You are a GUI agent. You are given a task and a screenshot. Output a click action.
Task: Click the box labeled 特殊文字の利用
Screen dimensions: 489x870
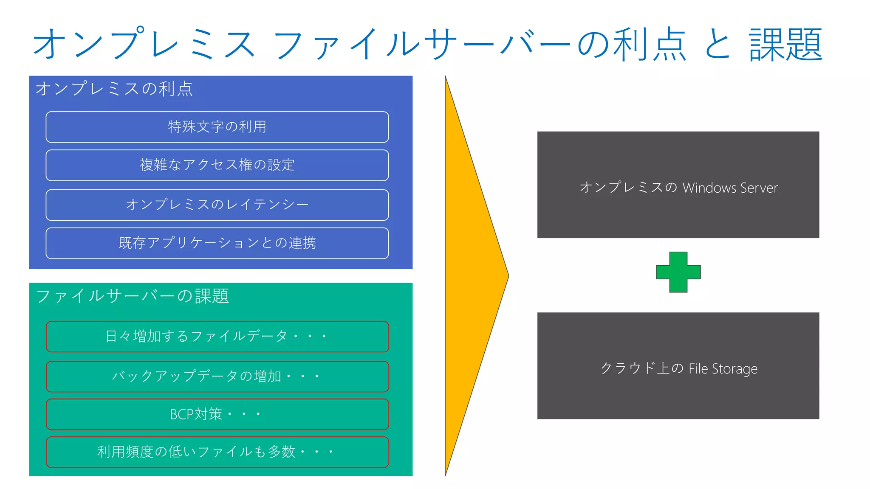[217, 127]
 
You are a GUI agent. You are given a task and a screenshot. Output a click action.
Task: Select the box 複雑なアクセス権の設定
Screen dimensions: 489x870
[217, 165]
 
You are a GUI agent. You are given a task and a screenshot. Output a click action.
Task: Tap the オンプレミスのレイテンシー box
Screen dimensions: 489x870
[217, 205]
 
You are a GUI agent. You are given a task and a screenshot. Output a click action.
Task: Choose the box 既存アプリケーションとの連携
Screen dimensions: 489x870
[217, 243]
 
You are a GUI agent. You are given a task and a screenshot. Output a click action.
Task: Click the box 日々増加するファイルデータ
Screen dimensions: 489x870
[217, 337]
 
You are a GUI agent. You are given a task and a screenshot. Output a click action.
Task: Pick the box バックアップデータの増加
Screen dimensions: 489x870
[217, 376]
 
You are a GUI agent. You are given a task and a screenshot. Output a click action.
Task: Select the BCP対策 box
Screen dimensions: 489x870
[217, 414]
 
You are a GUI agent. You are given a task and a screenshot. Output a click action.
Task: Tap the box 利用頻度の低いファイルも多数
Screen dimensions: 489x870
[217, 452]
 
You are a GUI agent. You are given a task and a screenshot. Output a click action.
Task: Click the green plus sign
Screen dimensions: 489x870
[678, 272]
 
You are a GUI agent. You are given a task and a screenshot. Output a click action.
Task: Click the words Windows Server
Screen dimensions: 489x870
[730, 188]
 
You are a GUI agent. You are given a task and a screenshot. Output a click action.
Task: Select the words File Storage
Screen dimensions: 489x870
[723, 368]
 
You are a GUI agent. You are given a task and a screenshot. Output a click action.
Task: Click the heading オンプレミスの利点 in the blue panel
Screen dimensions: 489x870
[114, 89]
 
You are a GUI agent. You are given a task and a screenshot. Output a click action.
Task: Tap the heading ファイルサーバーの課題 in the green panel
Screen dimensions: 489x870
[133, 296]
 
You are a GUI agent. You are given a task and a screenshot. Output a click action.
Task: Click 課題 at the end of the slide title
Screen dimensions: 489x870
[785, 45]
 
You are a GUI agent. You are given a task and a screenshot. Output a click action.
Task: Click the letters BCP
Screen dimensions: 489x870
[182, 414]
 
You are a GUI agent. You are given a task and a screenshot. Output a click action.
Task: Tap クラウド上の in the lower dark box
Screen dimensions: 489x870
[642, 368]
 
